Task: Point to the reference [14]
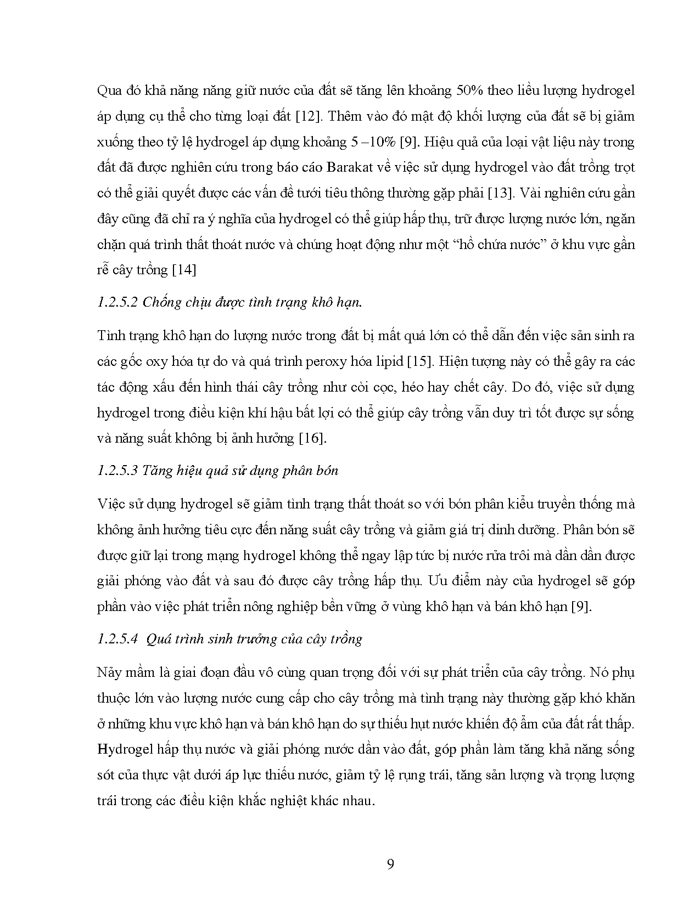coord(184,270)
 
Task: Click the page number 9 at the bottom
coord(390,864)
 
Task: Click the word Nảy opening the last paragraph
coord(109,672)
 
